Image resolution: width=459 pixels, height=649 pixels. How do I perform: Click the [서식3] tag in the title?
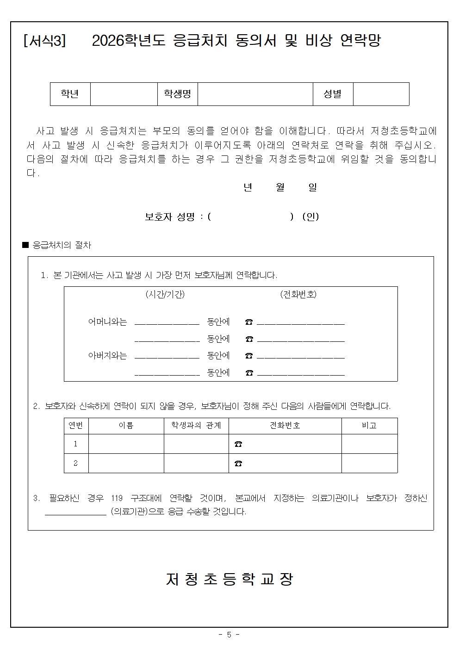[44, 41]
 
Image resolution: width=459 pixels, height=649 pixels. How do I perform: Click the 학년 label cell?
[70, 94]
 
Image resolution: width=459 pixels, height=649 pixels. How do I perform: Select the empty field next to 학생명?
[255, 94]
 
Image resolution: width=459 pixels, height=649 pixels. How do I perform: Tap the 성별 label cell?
[333, 94]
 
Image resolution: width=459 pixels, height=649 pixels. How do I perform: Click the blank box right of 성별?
[381, 94]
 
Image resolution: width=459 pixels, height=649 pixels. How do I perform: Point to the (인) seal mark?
[310, 216]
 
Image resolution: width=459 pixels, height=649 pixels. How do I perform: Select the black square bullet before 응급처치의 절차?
[25, 245]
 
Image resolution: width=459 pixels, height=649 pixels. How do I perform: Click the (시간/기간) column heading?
[165, 295]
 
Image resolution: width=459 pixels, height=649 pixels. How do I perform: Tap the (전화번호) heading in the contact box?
[298, 295]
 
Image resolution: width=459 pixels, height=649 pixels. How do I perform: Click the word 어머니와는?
[107, 322]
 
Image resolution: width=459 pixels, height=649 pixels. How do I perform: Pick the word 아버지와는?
[107, 356]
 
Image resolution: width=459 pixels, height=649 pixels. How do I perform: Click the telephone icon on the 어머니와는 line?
[249, 322]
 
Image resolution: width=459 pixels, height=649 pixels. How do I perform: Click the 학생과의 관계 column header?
[196, 426]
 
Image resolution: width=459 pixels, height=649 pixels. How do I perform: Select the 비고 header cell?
[369, 426]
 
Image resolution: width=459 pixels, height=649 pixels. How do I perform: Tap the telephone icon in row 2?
[238, 463]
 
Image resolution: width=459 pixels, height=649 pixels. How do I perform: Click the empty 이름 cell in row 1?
[126, 444]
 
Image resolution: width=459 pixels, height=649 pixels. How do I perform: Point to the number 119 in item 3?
[117, 498]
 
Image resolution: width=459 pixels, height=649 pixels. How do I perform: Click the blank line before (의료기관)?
[75, 512]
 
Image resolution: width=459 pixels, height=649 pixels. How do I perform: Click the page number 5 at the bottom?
[229, 635]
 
